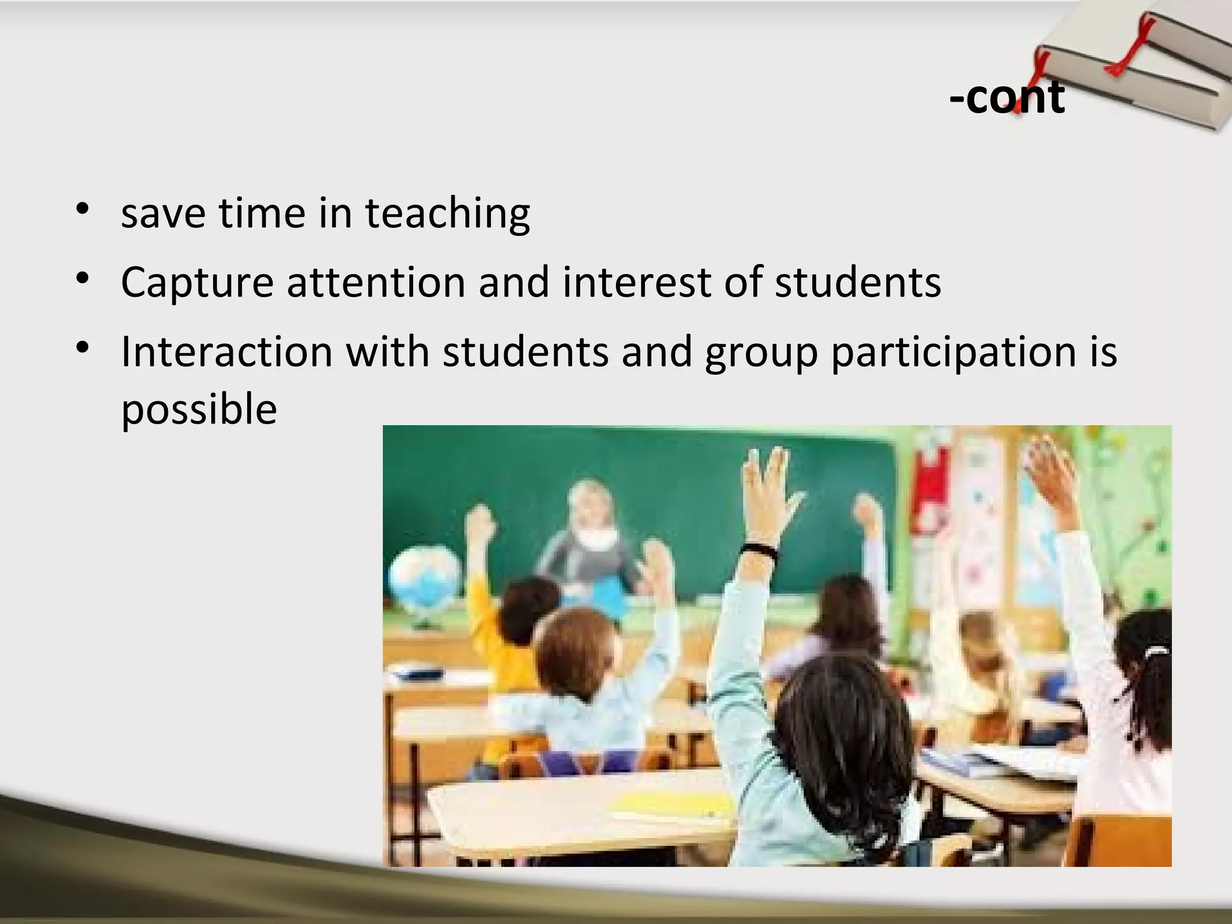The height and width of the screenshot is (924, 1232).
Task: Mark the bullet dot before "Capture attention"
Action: (83, 279)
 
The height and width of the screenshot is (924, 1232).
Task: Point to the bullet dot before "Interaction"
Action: (83, 348)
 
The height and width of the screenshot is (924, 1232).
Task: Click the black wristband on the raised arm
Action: (759, 550)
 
